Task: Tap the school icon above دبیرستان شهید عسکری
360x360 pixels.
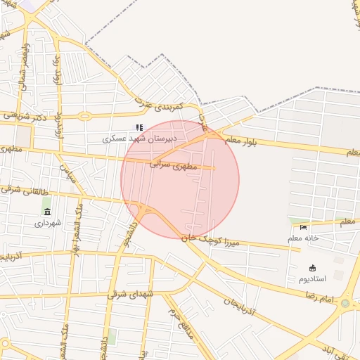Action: coord(139,128)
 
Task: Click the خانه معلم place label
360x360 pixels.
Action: coord(303,238)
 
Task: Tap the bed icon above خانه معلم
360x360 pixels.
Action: coord(303,227)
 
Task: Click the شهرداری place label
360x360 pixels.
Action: coord(48,223)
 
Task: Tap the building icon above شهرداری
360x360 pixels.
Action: coord(47,212)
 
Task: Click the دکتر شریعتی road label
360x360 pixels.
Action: coord(25,116)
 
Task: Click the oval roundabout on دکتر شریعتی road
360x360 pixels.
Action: coord(84,116)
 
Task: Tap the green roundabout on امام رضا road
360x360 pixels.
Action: coord(345,304)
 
